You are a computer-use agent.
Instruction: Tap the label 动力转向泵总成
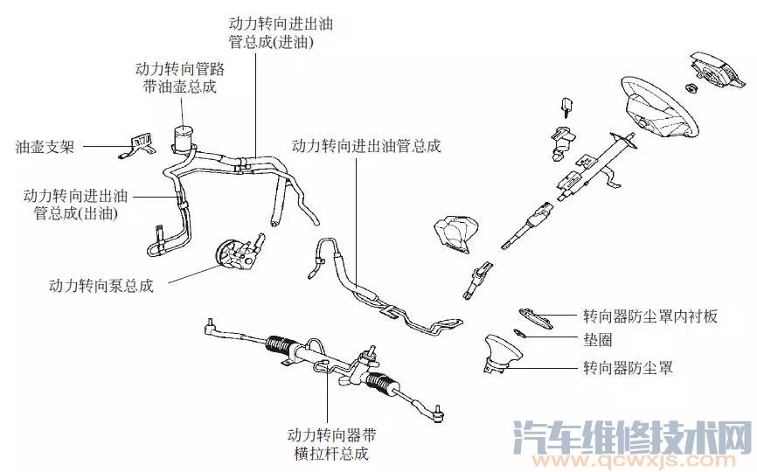click(x=102, y=286)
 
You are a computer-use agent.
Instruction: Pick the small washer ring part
click(x=519, y=333)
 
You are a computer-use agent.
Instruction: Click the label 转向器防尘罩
click(x=628, y=367)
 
